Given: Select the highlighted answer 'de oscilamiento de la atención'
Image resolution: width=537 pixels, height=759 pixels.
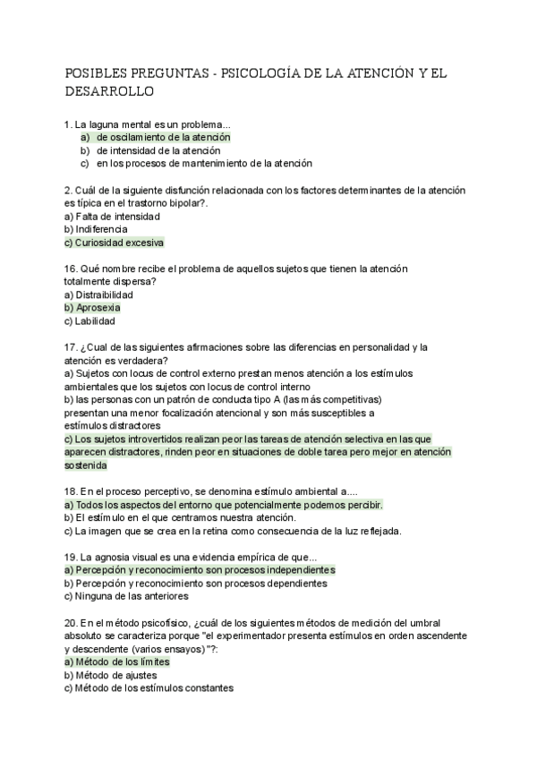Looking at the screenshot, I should pyautogui.click(x=163, y=137).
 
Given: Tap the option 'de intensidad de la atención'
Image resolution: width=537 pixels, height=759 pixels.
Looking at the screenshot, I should pyautogui.click(x=158, y=150).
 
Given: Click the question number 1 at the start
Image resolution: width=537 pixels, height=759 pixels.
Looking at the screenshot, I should pyautogui.click(x=68, y=124).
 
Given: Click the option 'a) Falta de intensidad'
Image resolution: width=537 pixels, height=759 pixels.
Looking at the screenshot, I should pyautogui.click(x=112, y=216).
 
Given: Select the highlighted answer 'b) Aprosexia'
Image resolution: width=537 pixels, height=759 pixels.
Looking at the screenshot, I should pyautogui.click(x=93, y=308).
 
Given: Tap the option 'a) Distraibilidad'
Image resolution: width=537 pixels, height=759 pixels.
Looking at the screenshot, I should pyautogui.click(x=98, y=294).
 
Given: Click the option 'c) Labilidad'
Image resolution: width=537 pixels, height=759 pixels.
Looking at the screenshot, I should pyautogui.click(x=89, y=321).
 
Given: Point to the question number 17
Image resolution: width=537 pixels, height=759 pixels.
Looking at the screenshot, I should pyautogui.click(x=71, y=347).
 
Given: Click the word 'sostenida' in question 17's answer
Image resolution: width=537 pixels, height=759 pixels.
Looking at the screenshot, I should pyautogui.click(x=86, y=465).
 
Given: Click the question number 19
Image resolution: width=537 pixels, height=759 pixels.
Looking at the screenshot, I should pyautogui.click(x=71, y=557).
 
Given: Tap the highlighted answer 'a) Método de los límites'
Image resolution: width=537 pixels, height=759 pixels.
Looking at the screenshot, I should pyautogui.click(x=117, y=662).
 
